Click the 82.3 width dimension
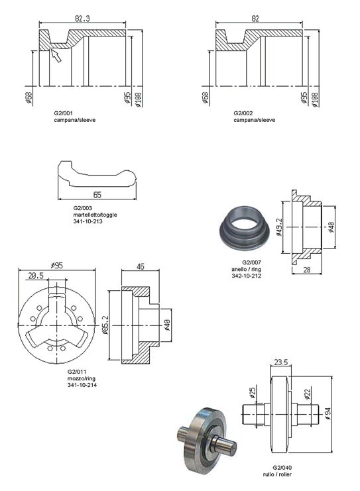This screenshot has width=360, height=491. click(x=82, y=19)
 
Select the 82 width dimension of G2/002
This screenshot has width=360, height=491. click(x=255, y=19)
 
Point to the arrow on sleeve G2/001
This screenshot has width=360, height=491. click(x=56, y=56)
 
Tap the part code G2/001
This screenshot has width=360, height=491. click(x=63, y=113)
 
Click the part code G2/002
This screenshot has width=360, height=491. click(x=243, y=113)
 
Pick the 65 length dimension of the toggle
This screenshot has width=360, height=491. click(x=97, y=195)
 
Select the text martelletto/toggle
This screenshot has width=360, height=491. click(x=95, y=215)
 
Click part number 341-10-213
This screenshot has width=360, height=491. click(x=88, y=221)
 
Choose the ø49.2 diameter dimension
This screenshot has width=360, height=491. click(x=279, y=227)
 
